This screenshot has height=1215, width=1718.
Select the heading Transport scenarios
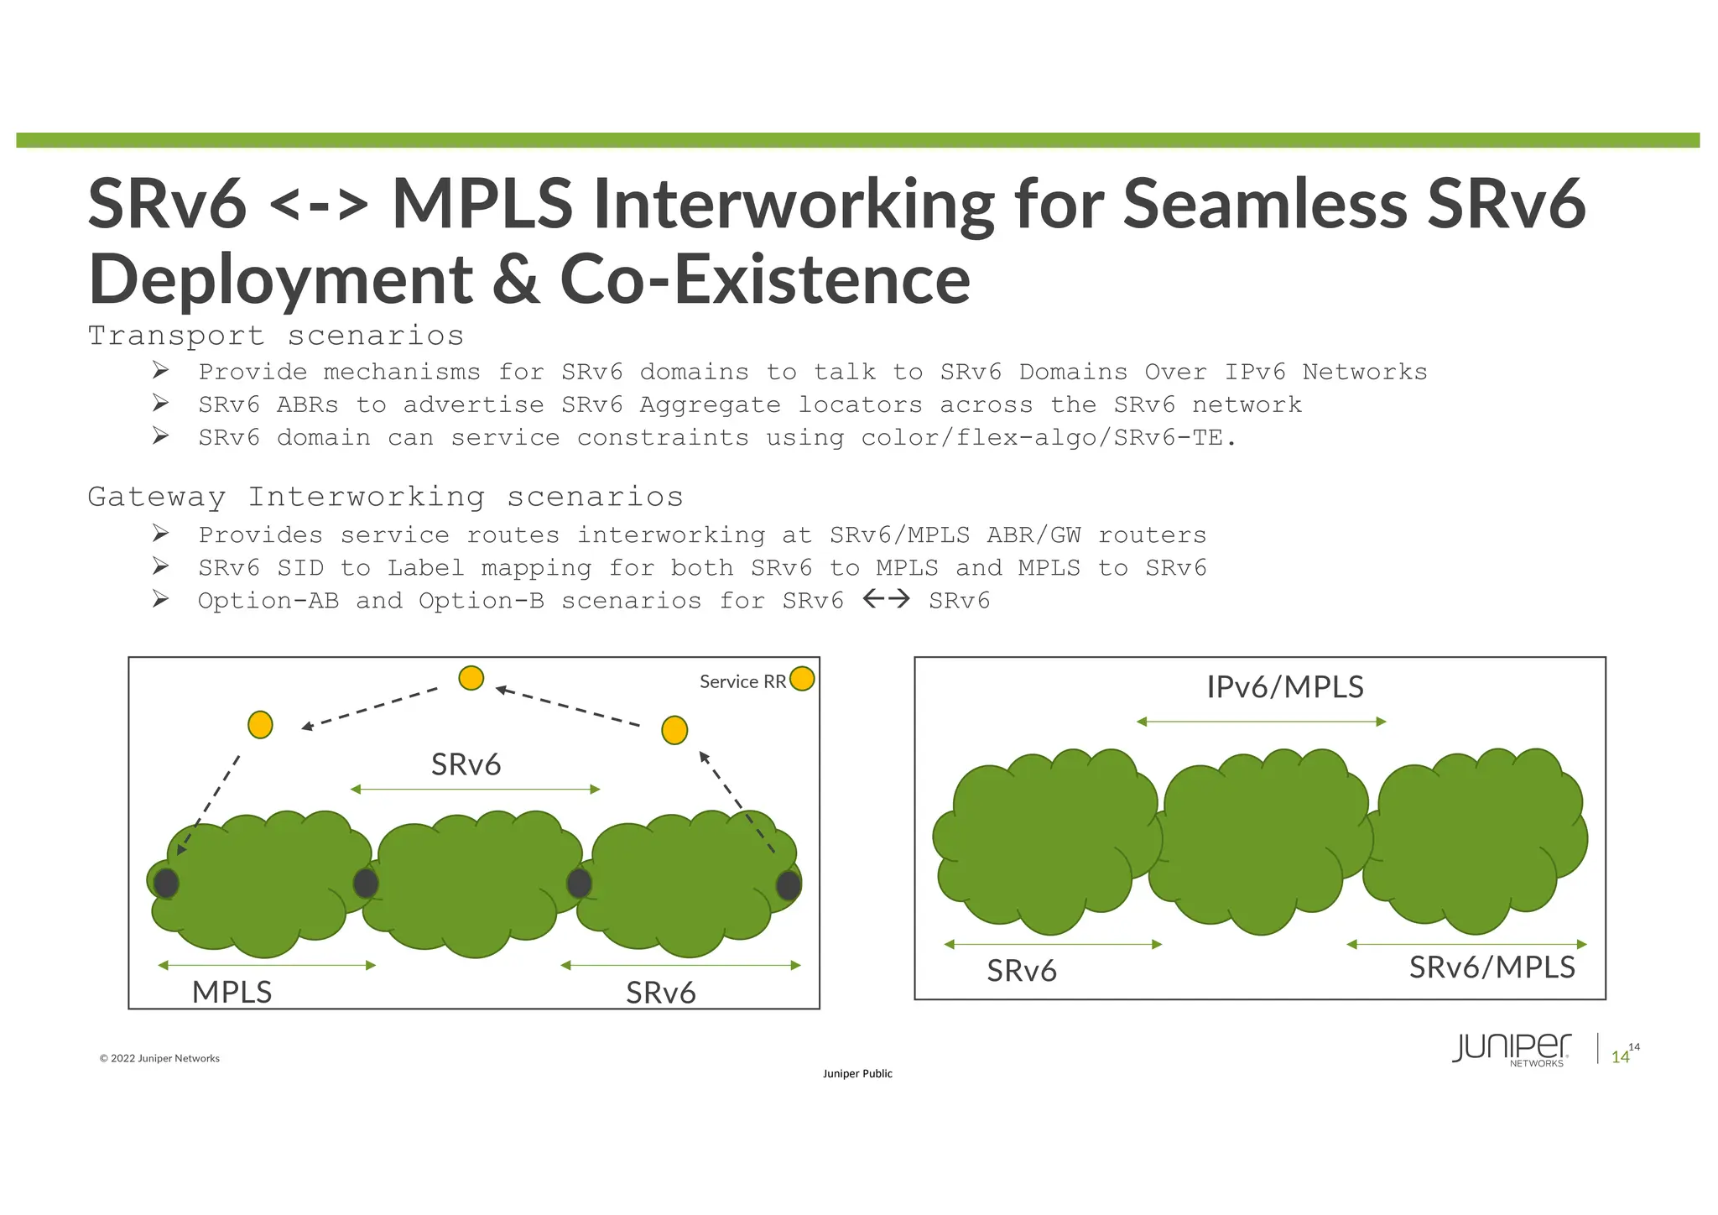(276, 336)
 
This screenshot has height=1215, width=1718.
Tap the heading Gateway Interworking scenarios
(386, 497)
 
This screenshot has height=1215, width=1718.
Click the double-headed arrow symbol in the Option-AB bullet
(886, 599)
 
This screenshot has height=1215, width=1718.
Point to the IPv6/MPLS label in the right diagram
(1284, 687)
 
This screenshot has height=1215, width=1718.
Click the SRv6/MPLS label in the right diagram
(1492, 967)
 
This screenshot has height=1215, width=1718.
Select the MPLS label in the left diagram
(232, 992)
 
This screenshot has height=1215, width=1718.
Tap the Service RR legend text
(742, 681)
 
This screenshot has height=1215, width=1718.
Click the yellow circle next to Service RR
(802, 678)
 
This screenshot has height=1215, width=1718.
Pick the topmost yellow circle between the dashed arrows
(471, 678)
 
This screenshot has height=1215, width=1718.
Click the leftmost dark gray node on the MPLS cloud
(166, 883)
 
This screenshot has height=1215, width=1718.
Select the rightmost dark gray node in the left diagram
(788, 884)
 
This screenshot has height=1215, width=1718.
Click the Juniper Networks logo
(1511, 1049)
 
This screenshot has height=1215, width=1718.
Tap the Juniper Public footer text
(857, 1073)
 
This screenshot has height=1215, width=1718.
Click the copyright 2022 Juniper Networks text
(159, 1058)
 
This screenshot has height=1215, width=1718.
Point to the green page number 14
(1620, 1057)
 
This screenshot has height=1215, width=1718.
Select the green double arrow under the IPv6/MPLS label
(1261, 722)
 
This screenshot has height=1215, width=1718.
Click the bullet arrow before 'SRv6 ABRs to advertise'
(161, 404)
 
